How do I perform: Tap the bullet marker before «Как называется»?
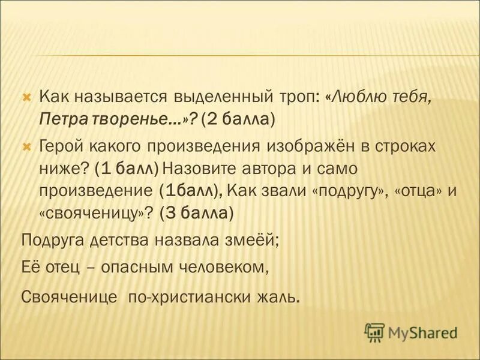[x=26, y=97]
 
